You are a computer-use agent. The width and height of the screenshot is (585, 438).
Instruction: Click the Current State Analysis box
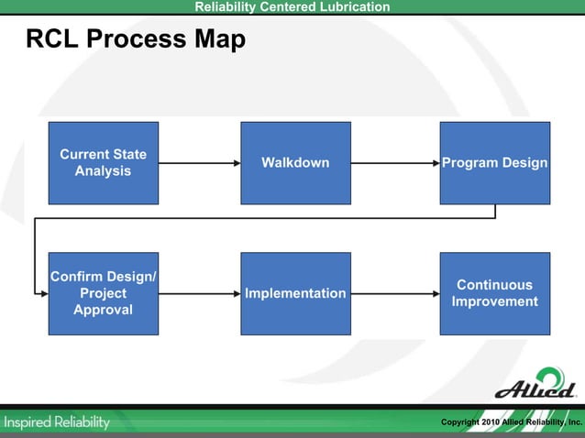(103, 163)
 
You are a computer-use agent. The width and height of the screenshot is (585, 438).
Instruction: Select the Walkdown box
(295, 163)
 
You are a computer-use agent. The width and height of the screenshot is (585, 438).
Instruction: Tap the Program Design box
(495, 163)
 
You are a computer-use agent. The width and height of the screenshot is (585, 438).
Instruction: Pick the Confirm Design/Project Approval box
(103, 293)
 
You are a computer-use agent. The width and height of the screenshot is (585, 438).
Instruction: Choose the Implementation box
(295, 293)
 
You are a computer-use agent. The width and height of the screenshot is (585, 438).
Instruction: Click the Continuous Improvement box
(495, 293)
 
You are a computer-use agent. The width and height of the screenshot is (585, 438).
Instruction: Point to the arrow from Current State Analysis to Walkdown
(199, 163)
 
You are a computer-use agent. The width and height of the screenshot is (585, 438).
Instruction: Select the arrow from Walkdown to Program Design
(395, 163)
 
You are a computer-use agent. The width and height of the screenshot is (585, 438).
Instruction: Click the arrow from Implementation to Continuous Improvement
(395, 293)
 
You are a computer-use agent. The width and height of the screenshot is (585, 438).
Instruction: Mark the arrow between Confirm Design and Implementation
(199, 293)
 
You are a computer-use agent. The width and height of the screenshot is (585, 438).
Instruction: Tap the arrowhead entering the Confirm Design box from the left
(43, 293)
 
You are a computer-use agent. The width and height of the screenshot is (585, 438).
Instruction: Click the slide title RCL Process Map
(136, 40)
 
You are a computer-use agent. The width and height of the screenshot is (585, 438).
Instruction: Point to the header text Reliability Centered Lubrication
(292, 7)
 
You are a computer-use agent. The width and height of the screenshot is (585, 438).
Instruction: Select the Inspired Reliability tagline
(57, 422)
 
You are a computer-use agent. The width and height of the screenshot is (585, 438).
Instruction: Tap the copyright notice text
(511, 422)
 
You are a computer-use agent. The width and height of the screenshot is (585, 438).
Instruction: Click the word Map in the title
(220, 40)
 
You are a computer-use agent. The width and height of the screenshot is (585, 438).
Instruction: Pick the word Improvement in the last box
(495, 302)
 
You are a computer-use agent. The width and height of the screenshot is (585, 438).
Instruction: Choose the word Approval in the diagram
(103, 310)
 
